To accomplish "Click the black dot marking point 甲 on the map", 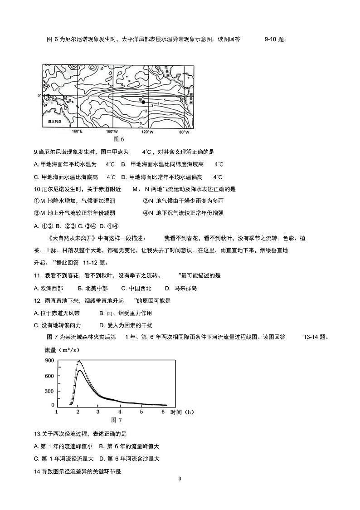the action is [143, 102].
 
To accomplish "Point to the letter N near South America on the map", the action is [181, 100].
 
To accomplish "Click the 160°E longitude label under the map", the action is [77, 132].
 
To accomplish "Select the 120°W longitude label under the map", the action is [146, 132].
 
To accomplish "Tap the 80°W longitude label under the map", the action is [184, 132].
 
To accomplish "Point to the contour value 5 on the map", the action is [165, 100].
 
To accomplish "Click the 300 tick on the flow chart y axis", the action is [49, 391].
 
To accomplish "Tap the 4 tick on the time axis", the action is [120, 412].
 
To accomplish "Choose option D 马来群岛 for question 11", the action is [181, 288].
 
